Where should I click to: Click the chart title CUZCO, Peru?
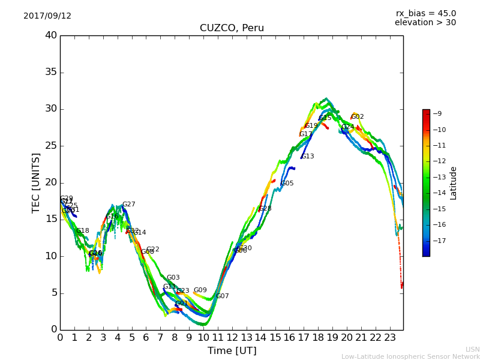(x=232, y=28)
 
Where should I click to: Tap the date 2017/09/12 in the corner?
(x=47, y=16)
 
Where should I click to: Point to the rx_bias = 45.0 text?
(x=425, y=13)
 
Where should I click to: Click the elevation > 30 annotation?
(x=425, y=23)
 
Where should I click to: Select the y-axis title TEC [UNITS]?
(x=36, y=182)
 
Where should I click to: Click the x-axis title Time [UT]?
(x=232, y=351)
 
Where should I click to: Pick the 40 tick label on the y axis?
(x=50, y=35)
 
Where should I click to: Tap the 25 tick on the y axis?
(x=50, y=146)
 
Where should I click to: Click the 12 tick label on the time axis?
(x=232, y=337)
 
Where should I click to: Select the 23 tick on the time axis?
(x=389, y=337)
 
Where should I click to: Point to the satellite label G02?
(x=358, y=117)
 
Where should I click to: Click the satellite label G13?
(x=308, y=157)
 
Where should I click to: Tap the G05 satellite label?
(x=287, y=184)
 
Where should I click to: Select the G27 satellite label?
(x=129, y=205)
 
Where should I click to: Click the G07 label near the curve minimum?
(x=223, y=296)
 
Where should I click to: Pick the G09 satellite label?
(x=200, y=290)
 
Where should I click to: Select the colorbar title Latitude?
(x=454, y=183)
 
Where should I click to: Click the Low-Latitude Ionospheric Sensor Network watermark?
(x=410, y=357)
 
